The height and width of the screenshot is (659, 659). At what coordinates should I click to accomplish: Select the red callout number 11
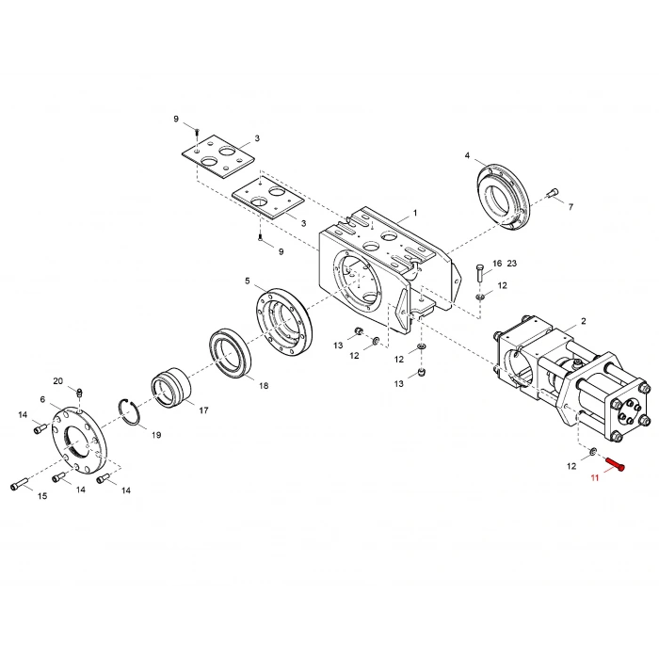click(594, 479)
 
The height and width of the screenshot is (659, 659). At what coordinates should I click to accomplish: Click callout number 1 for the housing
click(415, 215)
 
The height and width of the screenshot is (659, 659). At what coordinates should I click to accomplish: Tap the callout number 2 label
click(583, 322)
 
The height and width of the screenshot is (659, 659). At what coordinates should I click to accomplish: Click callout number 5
click(248, 281)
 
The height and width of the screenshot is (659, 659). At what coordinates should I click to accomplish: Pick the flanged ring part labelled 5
click(283, 320)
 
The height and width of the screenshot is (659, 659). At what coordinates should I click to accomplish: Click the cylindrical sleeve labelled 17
click(172, 390)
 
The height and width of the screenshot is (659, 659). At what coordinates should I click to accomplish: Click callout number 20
click(58, 381)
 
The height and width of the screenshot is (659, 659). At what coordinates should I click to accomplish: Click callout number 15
click(42, 496)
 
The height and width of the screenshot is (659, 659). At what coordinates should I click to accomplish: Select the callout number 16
click(497, 264)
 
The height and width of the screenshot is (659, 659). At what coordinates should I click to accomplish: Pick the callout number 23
click(512, 264)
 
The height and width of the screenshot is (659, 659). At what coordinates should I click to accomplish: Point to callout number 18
click(263, 386)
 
